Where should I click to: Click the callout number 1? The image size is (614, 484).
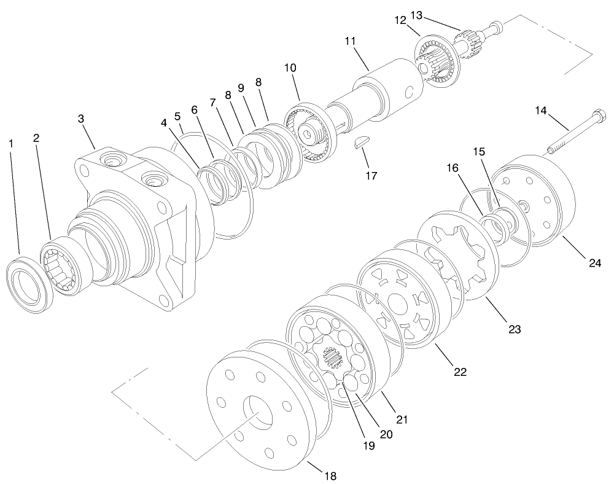[x=10, y=143]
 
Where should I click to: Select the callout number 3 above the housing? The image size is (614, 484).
[x=81, y=119]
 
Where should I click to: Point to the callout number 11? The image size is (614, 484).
[x=351, y=41]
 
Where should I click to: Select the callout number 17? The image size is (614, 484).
[x=370, y=175]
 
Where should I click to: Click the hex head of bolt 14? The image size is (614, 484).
[x=597, y=115]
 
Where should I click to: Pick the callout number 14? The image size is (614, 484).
[x=540, y=111]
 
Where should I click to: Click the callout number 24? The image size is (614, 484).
[x=594, y=263]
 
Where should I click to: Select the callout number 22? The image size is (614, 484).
[x=460, y=372]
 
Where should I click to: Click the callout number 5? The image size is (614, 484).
[x=177, y=115]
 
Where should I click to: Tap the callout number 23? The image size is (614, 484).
[x=514, y=329]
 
